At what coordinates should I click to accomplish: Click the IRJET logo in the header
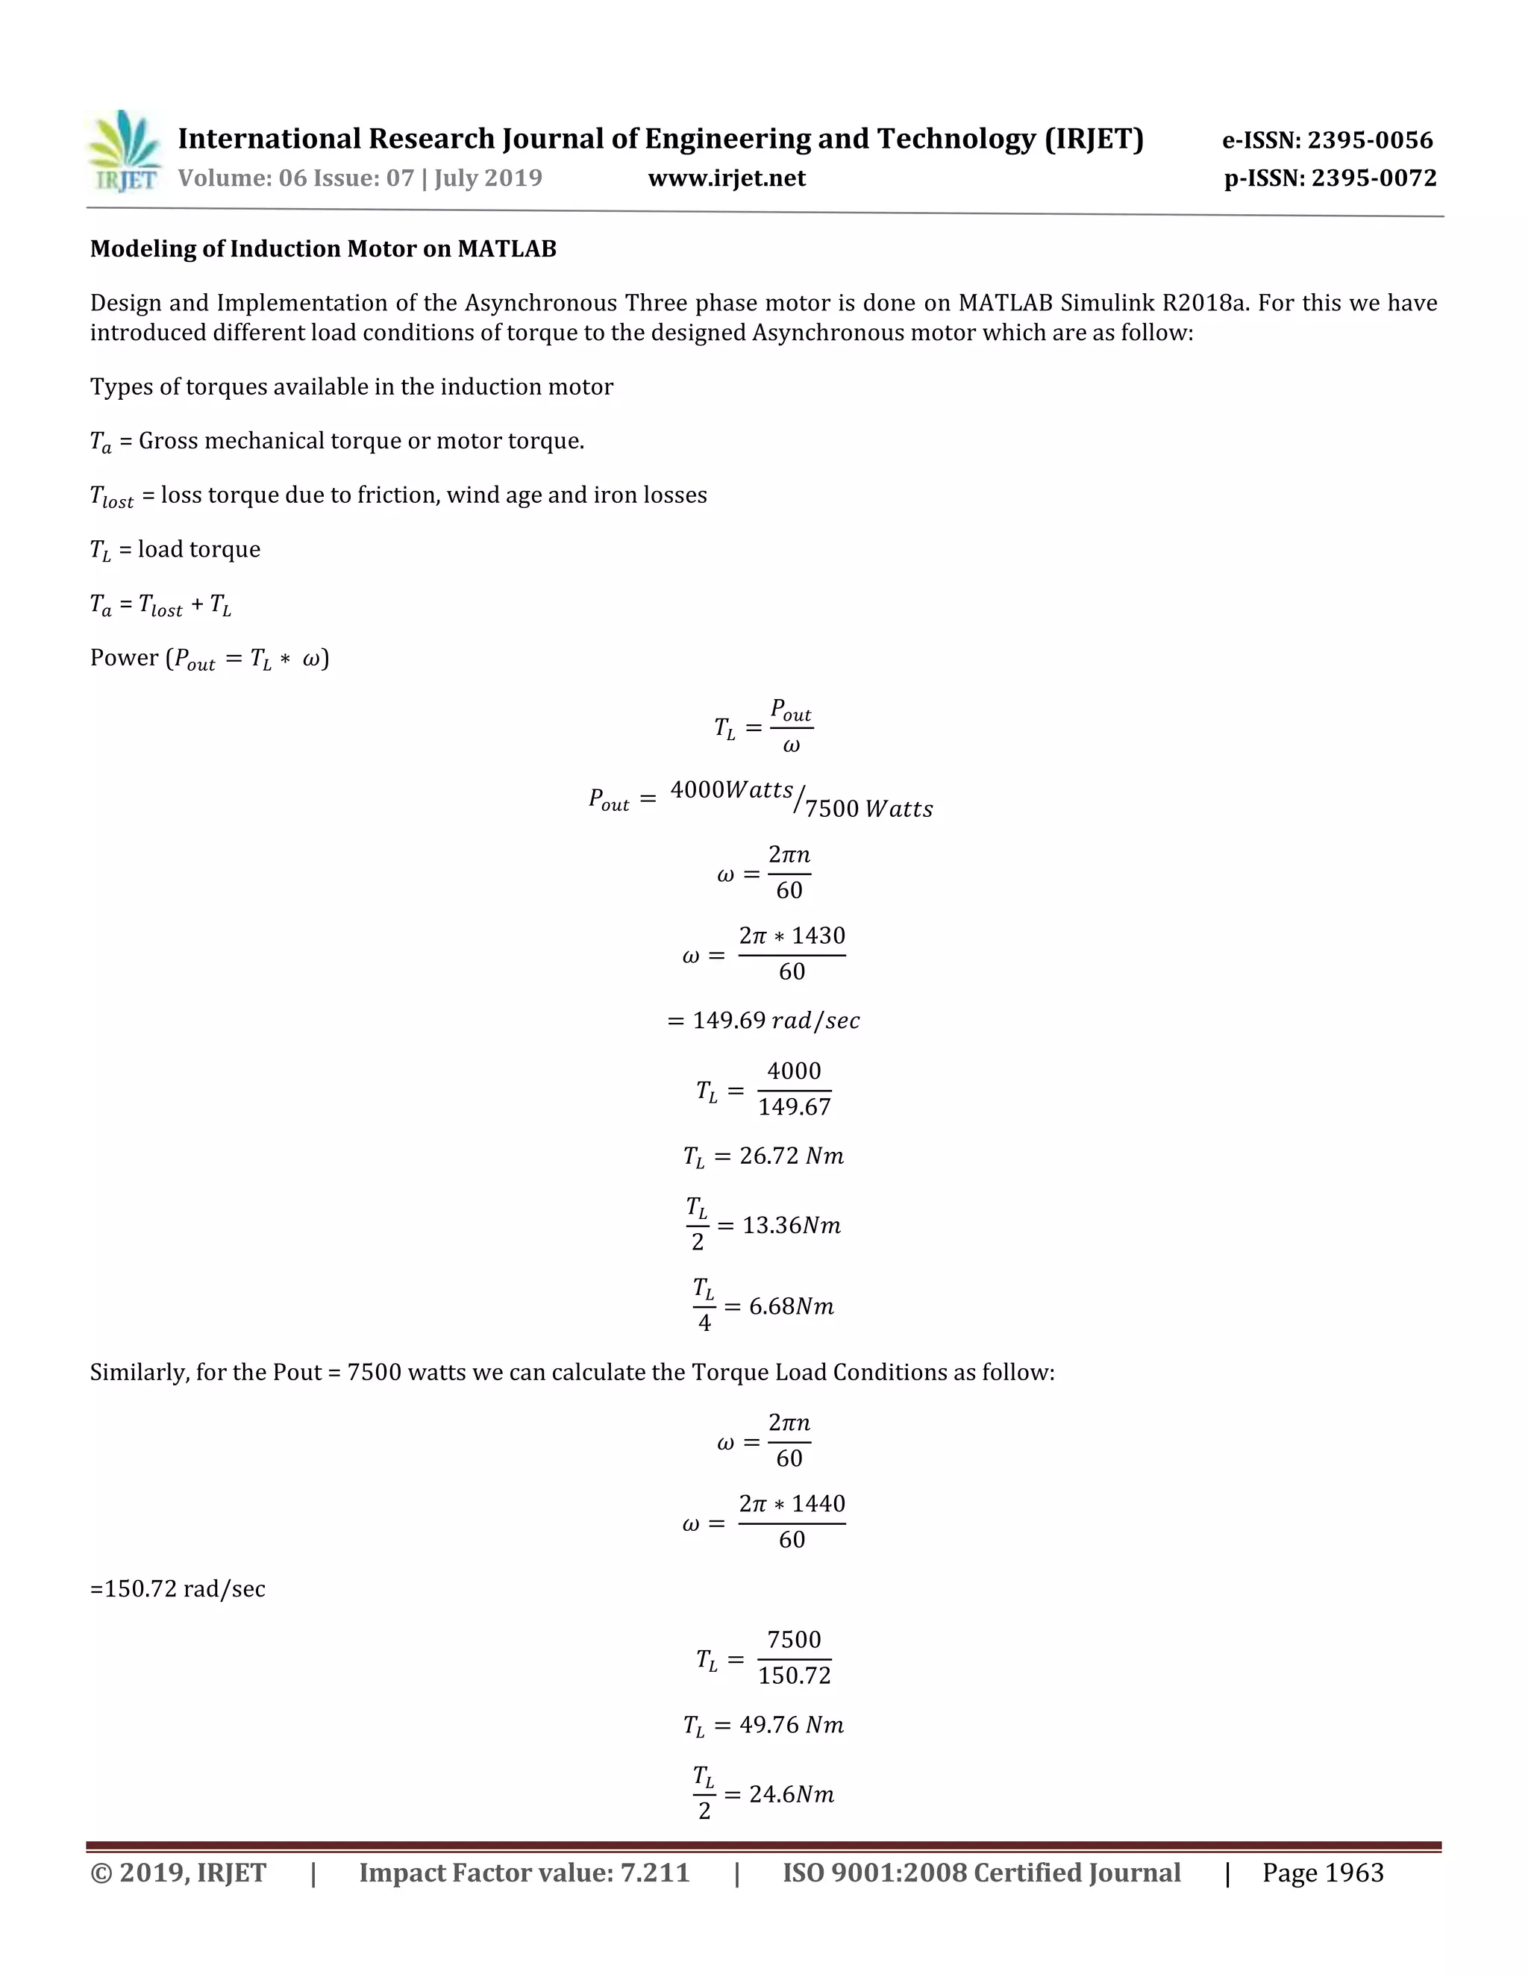coord(125,152)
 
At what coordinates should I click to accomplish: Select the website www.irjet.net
coord(726,178)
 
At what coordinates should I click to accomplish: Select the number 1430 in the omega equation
coord(818,936)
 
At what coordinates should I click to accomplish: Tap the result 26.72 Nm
coord(790,1157)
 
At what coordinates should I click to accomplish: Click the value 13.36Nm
coord(791,1226)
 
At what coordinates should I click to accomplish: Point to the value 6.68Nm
coord(791,1307)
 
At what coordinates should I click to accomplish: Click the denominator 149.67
coord(794,1107)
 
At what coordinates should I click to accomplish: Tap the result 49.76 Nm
coord(790,1726)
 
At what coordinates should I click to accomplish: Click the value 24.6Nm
coord(791,1795)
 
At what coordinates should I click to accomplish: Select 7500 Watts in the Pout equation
coord(868,809)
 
